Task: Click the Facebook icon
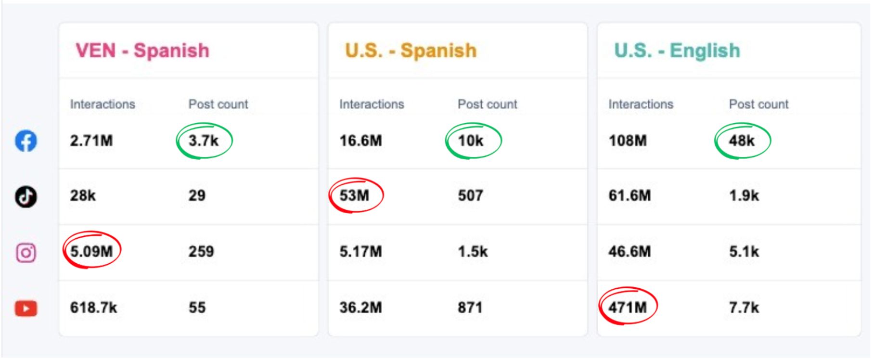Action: (x=26, y=141)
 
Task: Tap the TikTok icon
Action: (x=26, y=196)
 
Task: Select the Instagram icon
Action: (x=26, y=252)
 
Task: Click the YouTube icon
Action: (x=26, y=308)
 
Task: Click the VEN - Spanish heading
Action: (x=142, y=51)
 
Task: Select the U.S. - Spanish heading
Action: (x=411, y=51)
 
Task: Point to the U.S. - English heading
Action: (x=677, y=51)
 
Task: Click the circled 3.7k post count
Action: (x=204, y=141)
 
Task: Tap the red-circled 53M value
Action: (x=355, y=195)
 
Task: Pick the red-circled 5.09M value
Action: (x=91, y=251)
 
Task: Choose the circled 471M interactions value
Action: (x=628, y=307)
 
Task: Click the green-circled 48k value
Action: (x=742, y=141)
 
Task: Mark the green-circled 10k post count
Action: (x=471, y=141)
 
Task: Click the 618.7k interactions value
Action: (x=93, y=308)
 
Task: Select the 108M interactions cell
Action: (x=628, y=141)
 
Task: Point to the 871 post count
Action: (x=470, y=308)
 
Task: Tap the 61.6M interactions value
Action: (x=629, y=195)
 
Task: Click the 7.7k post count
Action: (x=744, y=308)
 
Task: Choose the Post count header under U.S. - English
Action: (x=758, y=104)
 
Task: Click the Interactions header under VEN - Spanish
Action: (x=103, y=104)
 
